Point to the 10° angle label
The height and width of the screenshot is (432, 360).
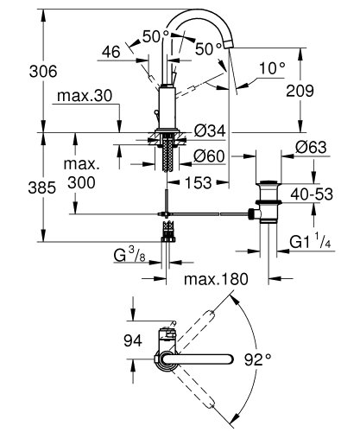pyautogui.click(x=271, y=67)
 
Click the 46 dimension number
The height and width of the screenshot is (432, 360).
pyautogui.click(x=110, y=53)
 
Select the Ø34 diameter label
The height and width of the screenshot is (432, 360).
pyautogui.click(x=210, y=130)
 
